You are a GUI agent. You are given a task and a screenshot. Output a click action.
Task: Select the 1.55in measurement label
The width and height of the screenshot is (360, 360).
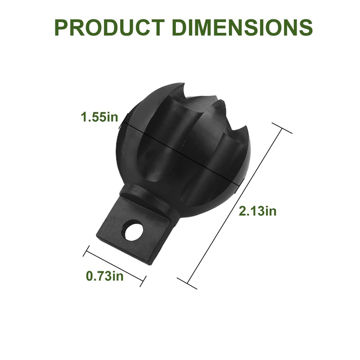coord(99,117)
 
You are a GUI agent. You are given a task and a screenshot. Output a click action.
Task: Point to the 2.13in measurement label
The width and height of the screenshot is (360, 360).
coord(257,211)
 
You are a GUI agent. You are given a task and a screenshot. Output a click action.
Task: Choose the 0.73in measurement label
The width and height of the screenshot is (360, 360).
coord(104,276)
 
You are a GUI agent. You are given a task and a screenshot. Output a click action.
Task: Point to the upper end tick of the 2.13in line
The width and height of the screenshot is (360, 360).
coord(282,128)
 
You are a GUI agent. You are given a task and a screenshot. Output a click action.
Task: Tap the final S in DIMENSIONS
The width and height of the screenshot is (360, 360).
coord(305,27)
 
